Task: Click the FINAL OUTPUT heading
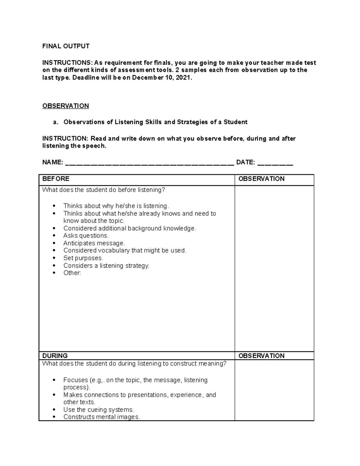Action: [x=66, y=46]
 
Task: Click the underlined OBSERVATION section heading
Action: [x=65, y=106]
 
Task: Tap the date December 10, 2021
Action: [x=161, y=78]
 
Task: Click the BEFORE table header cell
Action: [x=56, y=179]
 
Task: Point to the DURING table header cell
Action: [x=55, y=356]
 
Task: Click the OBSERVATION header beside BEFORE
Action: [x=261, y=179]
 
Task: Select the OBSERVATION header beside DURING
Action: [x=261, y=356]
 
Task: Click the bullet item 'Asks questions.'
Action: [x=86, y=236]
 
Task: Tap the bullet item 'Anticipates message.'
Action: [x=94, y=243]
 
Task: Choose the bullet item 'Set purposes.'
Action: [x=83, y=258]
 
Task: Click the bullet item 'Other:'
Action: [x=72, y=273]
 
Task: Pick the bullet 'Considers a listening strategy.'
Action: [x=106, y=266]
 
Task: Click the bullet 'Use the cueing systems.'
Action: [x=98, y=410]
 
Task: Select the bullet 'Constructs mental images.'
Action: [x=102, y=417]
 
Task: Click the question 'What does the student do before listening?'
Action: [x=103, y=190]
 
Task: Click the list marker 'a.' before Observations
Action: [x=55, y=122]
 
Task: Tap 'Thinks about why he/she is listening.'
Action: [x=116, y=206]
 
